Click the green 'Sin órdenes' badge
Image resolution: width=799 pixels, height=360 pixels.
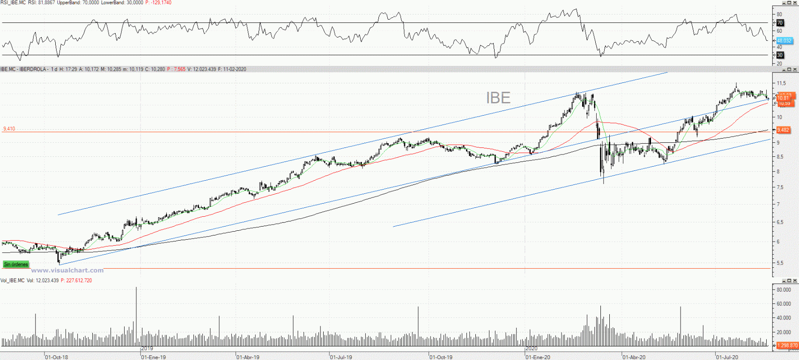(x=16, y=264)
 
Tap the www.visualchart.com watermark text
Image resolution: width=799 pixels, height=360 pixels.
(x=67, y=270)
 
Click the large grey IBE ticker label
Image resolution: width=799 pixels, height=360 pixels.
(x=498, y=98)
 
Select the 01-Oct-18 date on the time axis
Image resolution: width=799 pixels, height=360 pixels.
(x=57, y=357)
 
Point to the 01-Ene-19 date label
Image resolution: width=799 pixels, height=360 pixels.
(x=154, y=357)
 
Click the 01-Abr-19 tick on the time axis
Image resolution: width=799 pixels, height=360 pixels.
(x=248, y=357)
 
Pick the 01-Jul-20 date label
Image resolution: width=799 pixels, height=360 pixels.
(x=727, y=357)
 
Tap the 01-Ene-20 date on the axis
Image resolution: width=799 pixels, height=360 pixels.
(x=538, y=357)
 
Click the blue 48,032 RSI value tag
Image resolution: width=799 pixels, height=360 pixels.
(x=784, y=41)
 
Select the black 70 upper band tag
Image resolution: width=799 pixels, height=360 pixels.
(x=780, y=23)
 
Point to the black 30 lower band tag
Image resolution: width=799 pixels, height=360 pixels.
(x=780, y=55)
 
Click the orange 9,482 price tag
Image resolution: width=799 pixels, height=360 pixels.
(x=783, y=130)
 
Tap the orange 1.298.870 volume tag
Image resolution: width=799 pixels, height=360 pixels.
(x=787, y=345)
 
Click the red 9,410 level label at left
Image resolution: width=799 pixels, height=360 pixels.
(x=9, y=129)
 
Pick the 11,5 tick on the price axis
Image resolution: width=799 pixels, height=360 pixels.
(x=781, y=83)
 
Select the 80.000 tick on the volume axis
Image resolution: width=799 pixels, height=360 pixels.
(x=784, y=290)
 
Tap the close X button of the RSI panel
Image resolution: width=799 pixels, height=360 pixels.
(x=795, y=3)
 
